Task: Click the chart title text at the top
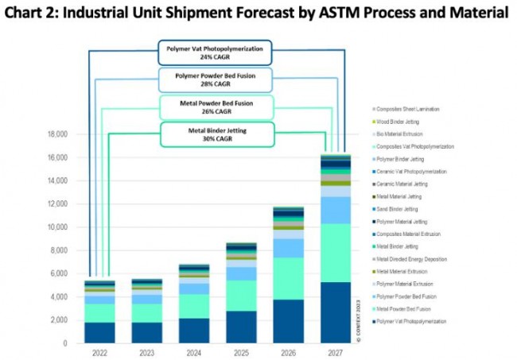(x=258, y=14)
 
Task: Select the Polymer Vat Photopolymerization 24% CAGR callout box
(x=215, y=53)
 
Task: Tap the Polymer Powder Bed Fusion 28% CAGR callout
(x=215, y=79)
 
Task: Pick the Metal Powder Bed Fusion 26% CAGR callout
(x=215, y=106)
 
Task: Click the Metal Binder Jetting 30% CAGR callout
(x=215, y=134)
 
